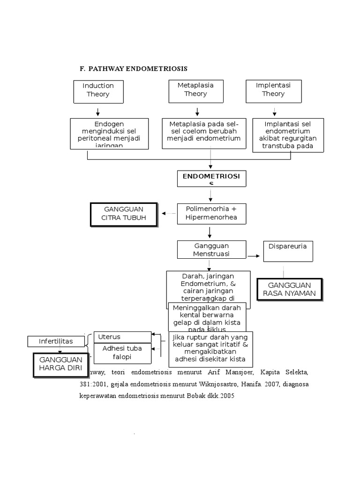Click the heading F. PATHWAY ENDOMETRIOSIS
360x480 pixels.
pyautogui.click(x=134, y=68)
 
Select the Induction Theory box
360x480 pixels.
pyautogui.click(x=98, y=90)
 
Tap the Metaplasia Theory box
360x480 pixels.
pyautogui.click(x=195, y=90)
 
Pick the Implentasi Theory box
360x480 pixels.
pyautogui.click(x=273, y=90)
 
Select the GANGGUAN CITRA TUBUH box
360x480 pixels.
pyautogui.click(x=124, y=214)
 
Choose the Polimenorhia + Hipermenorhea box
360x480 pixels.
pyautogui.click(x=211, y=213)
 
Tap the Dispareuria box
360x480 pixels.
pyautogui.click(x=287, y=251)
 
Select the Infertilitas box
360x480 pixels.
pyautogui.click(x=56, y=341)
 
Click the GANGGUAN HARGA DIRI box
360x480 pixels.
pyautogui.click(x=60, y=364)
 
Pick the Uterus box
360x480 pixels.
pyautogui.click(x=123, y=337)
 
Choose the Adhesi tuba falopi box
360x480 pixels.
pyautogui.click(x=123, y=353)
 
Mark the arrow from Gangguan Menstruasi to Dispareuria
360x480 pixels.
pyautogui.click(x=253, y=255)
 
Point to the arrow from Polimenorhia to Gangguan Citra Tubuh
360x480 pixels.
pyautogui.click(x=169, y=213)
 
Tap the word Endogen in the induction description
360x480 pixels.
pyautogui.click(x=109, y=124)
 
